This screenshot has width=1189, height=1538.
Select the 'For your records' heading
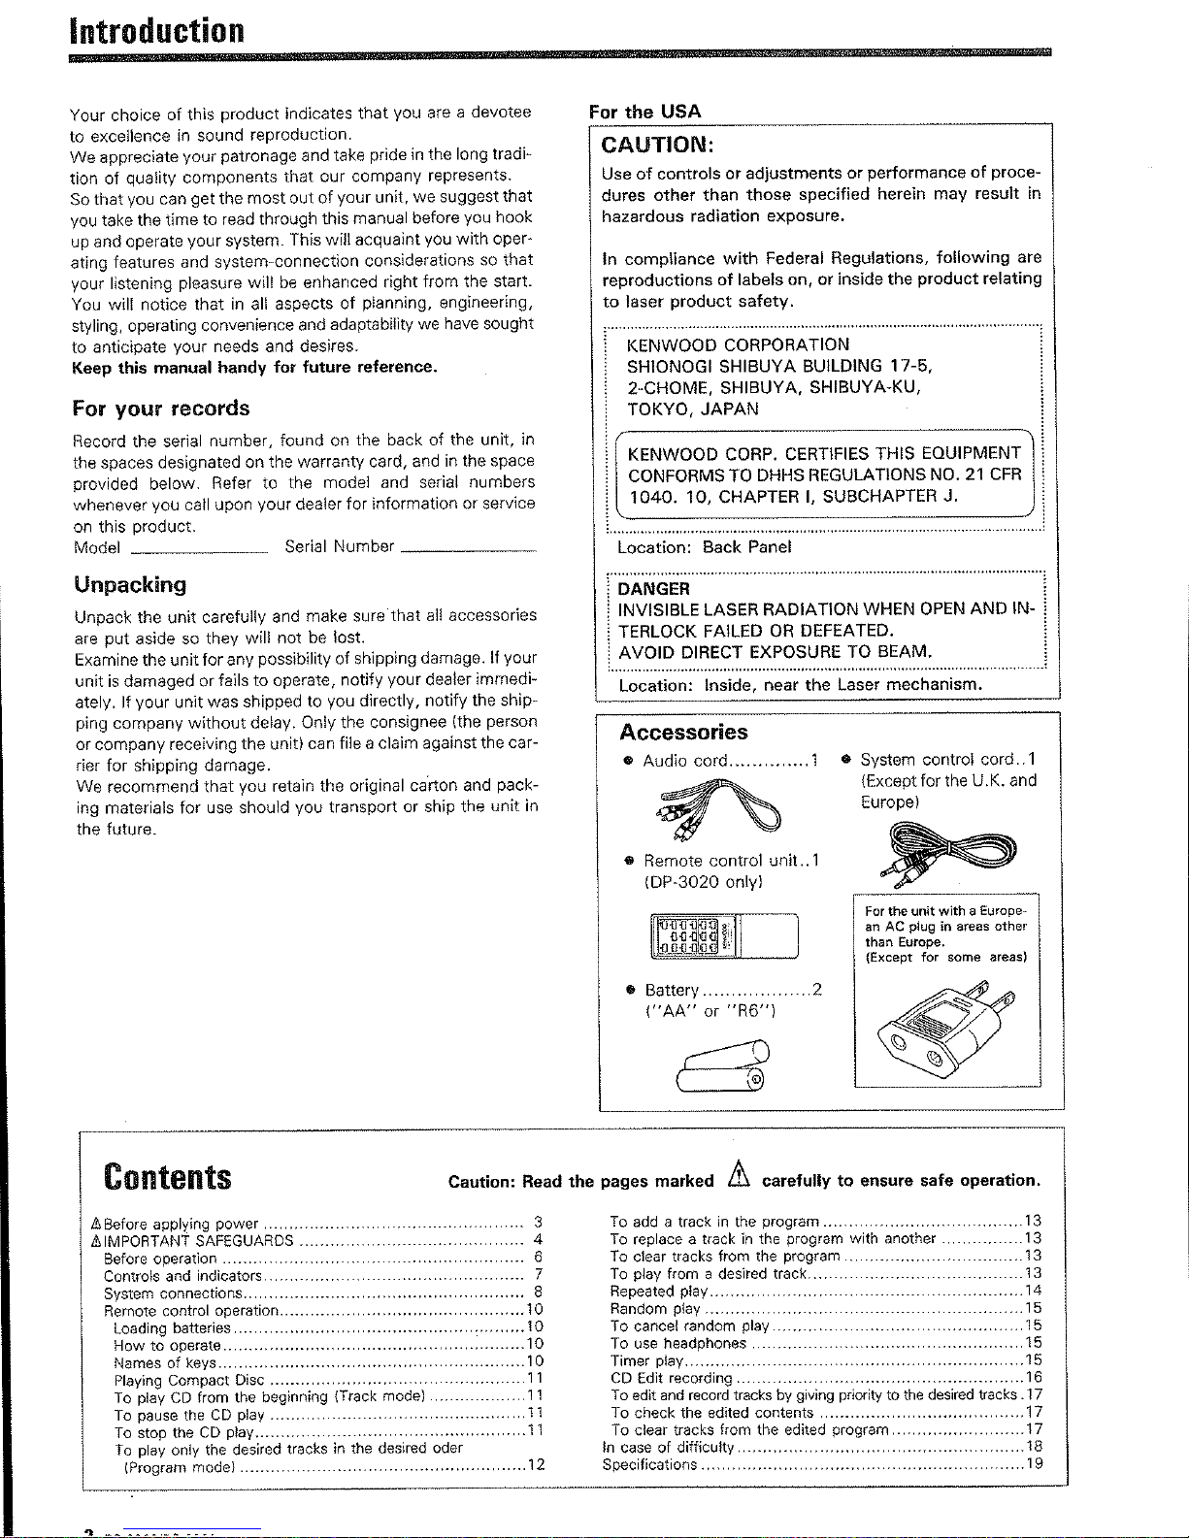161,409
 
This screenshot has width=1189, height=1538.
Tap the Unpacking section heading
130,585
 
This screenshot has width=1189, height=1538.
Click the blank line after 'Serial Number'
468,550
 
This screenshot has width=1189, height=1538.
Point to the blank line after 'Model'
199,550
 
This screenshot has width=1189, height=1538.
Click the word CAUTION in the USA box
658,146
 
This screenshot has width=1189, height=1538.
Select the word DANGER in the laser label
654,589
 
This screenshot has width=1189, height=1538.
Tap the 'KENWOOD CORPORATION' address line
739,345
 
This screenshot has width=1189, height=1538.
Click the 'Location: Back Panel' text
705,547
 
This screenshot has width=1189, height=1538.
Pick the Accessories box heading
684,733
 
